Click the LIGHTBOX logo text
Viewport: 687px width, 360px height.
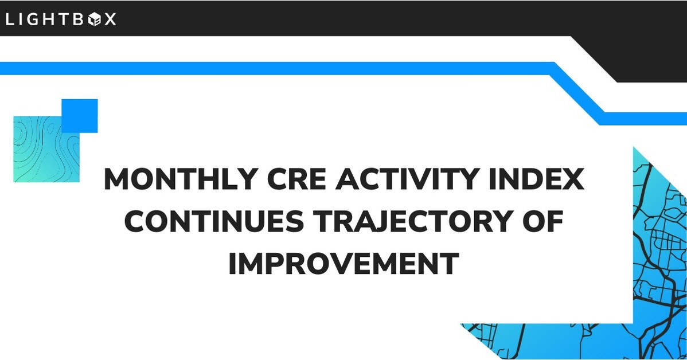[60, 19]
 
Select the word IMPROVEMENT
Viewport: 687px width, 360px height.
[343, 264]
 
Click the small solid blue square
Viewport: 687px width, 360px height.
[79, 116]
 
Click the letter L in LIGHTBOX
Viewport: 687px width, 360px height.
[10, 19]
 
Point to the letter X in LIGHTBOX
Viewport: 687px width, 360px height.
[110, 19]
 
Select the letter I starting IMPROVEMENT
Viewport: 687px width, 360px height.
[232, 264]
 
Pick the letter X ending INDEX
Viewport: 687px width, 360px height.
[573, 179]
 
